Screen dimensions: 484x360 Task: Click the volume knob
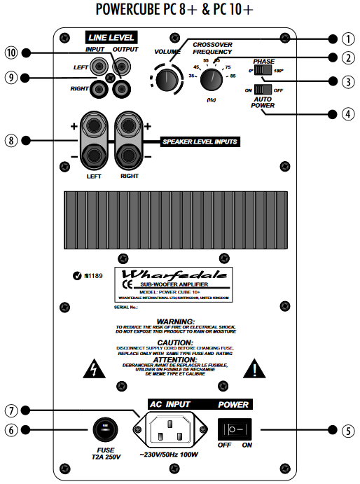click(x=167, y=80)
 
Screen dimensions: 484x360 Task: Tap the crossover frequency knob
click(x=211, y=81)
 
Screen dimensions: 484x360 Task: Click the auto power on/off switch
click(x=263, y=90)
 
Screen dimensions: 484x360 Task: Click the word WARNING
click(x=179, y=321)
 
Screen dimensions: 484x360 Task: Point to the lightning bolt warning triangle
click(x=91, y=368)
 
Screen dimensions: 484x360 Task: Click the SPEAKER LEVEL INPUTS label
click(x=200, y=141)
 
